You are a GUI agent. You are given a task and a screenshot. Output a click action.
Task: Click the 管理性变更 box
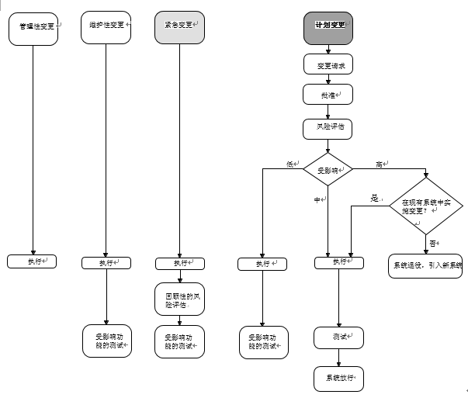[x=33, y=28]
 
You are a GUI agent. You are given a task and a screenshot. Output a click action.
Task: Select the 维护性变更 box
[x=105, y=28]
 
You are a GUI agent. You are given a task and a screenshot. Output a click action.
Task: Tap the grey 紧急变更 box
[x=179, y=28]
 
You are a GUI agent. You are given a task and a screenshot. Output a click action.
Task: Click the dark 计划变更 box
[x=328, y=28]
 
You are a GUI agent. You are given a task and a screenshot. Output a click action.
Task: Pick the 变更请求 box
[x=328, y=65]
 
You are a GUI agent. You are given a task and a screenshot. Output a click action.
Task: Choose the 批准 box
[x=328, y=95]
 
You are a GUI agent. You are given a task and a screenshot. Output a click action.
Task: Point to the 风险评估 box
[x=328, y=125]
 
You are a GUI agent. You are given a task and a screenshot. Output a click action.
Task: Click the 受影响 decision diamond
[x=328, y=168]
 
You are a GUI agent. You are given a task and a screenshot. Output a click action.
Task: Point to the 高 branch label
[x=380, y=164]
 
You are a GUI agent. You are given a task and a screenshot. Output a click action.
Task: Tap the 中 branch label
[x=317, y=200]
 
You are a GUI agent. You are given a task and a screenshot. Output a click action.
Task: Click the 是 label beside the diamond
[x=375, y=199]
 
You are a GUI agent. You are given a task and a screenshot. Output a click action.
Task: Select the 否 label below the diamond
[x=432, y=244]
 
